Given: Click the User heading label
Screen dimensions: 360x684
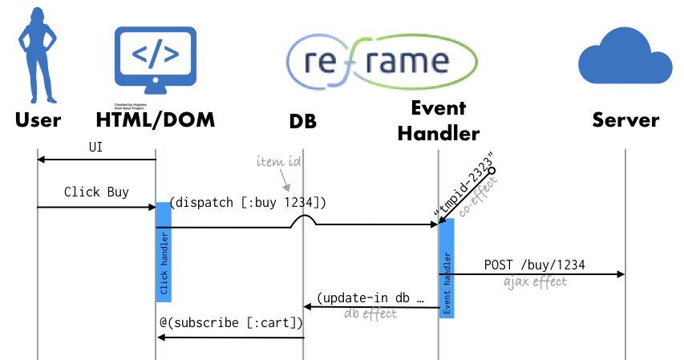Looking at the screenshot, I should point(38,120).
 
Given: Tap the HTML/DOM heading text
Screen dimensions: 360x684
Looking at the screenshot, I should point(155,120).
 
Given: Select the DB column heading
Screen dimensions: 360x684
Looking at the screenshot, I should point(303,121).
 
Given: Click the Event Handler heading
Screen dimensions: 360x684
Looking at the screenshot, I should point(438,120).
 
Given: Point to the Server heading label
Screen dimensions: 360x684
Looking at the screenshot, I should point(625,120).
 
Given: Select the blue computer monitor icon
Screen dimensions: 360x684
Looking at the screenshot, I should point(156,59).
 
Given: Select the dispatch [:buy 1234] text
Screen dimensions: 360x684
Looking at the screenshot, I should point(248,203).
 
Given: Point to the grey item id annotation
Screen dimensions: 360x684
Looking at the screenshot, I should point(279,161).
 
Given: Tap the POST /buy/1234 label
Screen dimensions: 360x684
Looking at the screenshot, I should point(535,265).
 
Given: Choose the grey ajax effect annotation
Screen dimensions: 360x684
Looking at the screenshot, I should point(535,281).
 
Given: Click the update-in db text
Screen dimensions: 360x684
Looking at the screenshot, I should point(370,297).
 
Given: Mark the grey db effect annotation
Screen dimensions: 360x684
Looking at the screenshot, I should point(370,313).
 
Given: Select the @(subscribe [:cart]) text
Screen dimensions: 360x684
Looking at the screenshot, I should point(231,323).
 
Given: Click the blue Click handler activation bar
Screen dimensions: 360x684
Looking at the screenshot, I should point(164,252).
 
